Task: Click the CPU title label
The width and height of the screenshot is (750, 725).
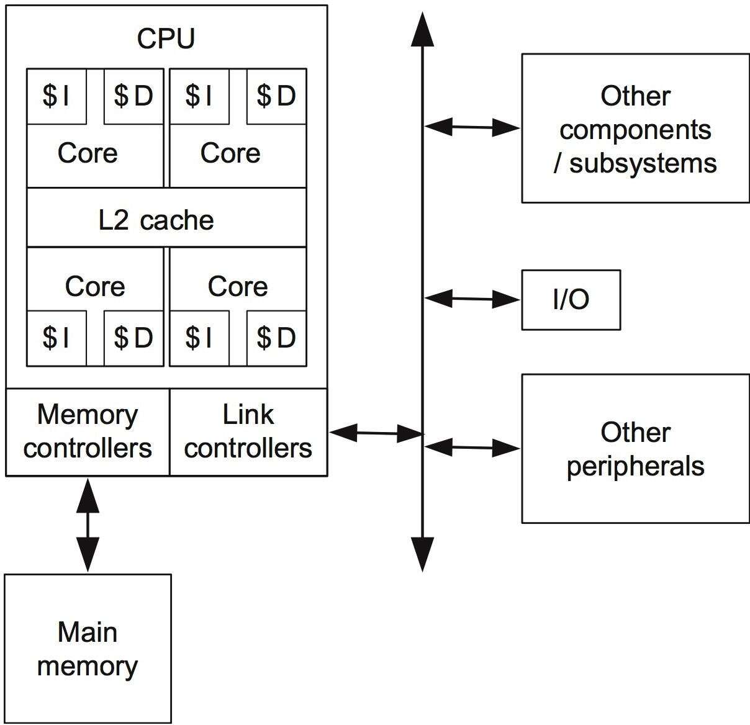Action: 166,38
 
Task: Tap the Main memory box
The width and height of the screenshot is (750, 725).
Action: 88,648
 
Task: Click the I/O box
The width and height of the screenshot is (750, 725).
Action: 571,300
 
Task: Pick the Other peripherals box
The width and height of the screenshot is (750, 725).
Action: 635,448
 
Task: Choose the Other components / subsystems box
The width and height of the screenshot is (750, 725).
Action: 635,128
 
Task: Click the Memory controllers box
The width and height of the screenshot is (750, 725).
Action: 88,432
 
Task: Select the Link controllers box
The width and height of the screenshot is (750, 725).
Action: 248,432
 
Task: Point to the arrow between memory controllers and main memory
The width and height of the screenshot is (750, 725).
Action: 88,525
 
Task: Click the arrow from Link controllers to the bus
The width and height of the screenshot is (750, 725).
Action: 376,433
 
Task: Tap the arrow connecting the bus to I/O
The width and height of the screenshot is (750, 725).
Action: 472,299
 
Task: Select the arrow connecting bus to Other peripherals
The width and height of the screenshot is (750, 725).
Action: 472,446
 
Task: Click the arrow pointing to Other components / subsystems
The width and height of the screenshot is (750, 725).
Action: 472,127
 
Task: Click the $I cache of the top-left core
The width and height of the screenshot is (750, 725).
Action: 56,96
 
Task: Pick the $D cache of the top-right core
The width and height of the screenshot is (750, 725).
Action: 276,96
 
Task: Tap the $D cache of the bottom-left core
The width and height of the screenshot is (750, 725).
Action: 133,338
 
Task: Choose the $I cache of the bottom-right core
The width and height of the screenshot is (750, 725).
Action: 199,338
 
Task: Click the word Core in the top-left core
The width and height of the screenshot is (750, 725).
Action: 88,153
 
